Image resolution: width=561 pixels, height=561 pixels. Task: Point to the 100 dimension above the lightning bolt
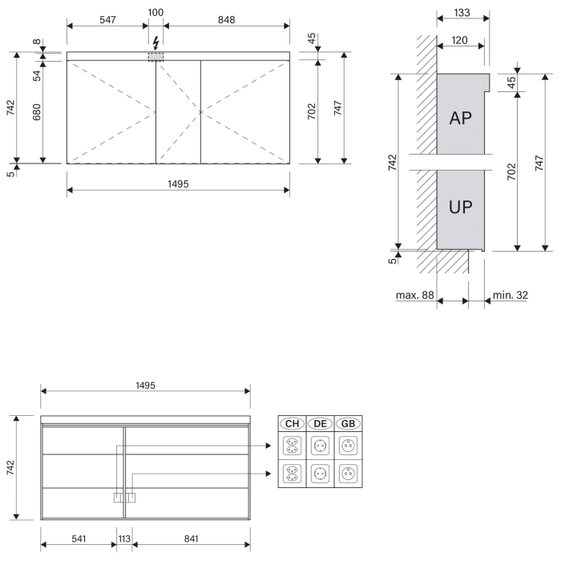click(156, 13)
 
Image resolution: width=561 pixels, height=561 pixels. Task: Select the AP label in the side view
click(460, 118)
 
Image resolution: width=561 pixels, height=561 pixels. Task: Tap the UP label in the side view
click(460, 208)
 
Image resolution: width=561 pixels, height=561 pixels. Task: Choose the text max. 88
click(414, 296)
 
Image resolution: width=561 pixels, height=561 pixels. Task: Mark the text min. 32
click(511, 296)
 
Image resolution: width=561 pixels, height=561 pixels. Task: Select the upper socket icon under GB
click(348, 444)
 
